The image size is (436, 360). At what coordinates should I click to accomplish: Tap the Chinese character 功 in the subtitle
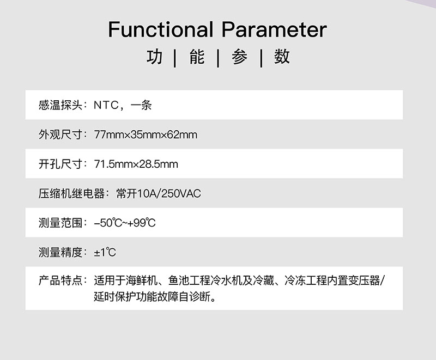155,57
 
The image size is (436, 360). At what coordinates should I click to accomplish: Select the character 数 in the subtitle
282,57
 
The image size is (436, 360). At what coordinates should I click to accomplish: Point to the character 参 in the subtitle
239,57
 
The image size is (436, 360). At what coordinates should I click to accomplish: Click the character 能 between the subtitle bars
197,57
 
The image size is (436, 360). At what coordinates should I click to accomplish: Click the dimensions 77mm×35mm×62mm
146,135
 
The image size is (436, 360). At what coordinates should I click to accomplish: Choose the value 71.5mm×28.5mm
136,164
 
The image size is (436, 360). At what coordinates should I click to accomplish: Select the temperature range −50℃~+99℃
125,223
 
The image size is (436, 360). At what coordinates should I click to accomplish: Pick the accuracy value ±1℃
105,252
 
